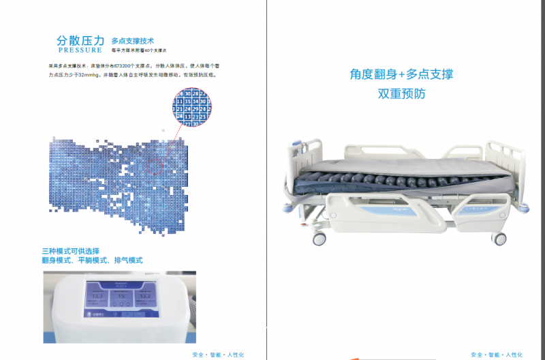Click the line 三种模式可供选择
point(76,251)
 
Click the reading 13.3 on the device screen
point(97,297)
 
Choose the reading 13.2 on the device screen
point(143,297)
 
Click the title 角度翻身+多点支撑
point(401,74)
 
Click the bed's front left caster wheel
point(320,239)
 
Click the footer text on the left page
point(217,355)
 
